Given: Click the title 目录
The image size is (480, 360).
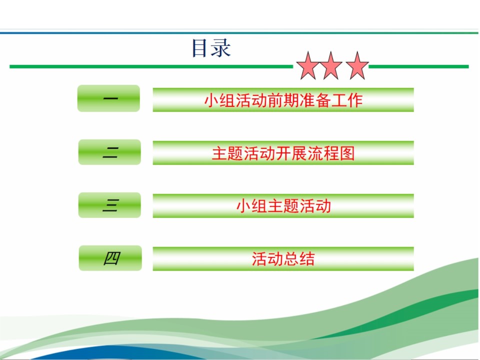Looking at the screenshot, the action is point(211,48).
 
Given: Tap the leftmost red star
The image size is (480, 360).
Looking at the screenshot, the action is point(308,66).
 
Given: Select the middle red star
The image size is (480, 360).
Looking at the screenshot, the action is point(330,66).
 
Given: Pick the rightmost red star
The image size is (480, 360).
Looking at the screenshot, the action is point(357,66).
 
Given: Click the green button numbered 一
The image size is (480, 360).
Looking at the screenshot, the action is point(108,98).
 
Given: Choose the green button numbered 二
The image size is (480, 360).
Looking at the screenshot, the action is point(109,152).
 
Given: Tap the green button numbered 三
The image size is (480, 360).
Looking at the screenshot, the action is point(109,205).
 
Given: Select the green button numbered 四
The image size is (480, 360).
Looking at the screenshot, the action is point(110,258).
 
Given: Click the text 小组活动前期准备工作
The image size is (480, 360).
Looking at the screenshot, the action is point(283,100).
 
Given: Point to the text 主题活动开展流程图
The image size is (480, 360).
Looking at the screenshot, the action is point(283,153).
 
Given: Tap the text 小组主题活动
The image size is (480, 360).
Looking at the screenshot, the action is point(283,205).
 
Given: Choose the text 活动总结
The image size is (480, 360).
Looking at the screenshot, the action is point(283,258).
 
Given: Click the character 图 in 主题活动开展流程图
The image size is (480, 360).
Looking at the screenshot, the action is point(347,153).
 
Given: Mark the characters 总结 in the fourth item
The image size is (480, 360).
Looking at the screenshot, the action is point(299,258).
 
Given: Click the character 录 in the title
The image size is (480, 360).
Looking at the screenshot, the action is point(220,48).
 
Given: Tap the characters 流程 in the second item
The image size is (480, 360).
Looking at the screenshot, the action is point(323,153).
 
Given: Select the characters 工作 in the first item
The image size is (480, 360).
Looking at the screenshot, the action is point(347,100).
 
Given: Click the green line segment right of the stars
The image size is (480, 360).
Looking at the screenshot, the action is point(419,66).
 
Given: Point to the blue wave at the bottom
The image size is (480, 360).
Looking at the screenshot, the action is point(122,352).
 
